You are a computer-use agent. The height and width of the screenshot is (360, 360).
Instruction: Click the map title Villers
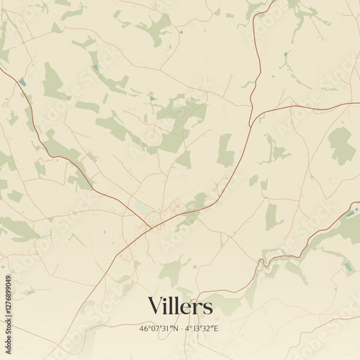180,307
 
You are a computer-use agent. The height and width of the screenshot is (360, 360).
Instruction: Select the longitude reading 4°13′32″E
202,328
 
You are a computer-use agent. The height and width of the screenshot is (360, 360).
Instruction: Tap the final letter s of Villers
209,308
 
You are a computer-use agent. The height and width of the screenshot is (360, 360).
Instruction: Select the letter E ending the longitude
217,328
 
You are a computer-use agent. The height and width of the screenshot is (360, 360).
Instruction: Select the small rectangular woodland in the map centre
225,150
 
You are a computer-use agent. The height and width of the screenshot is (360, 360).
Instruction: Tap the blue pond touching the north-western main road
23,82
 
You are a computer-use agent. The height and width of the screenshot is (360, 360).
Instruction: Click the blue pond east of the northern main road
286,54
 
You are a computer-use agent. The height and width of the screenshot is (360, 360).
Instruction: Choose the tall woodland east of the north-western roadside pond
52,83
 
